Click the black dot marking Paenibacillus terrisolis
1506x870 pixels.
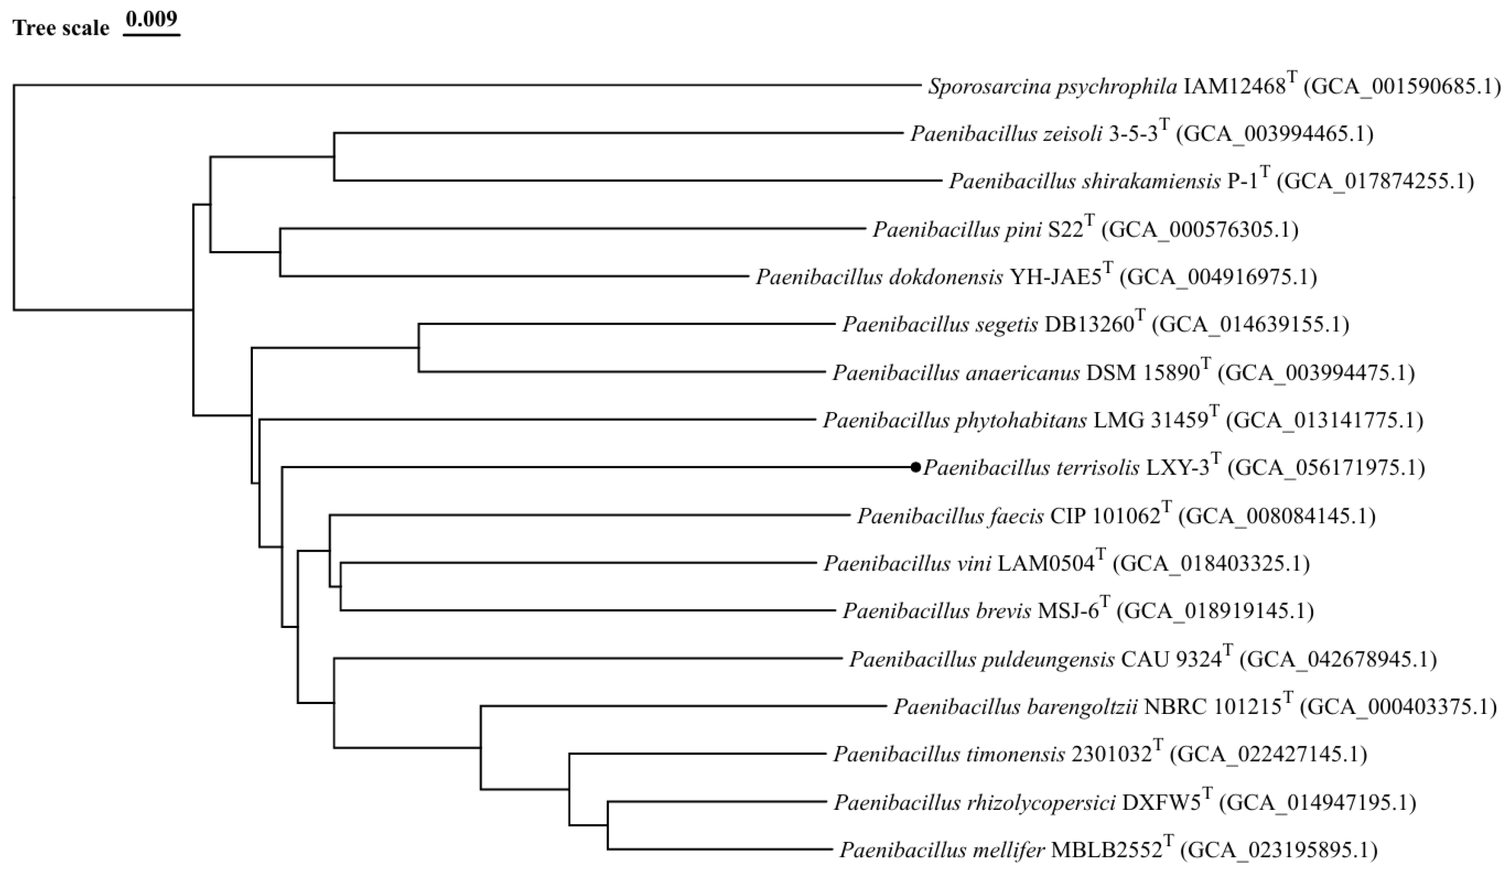tap(915, 467)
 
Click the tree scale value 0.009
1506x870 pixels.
tap(152, 19)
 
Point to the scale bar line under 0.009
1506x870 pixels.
tap(152, 35)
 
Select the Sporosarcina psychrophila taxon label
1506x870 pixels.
tap(1214, 86)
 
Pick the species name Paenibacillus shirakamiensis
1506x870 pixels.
tap(1085, 181)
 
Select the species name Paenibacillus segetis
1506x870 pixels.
tap(940, 324)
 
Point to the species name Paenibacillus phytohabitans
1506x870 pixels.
tap(955, 420)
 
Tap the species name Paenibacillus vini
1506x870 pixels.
tap(908, 564)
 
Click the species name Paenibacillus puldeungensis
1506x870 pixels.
tap(982, 659)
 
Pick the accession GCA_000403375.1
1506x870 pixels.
tap(1398, 707)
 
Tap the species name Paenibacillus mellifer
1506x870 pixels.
tap(942, 850)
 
